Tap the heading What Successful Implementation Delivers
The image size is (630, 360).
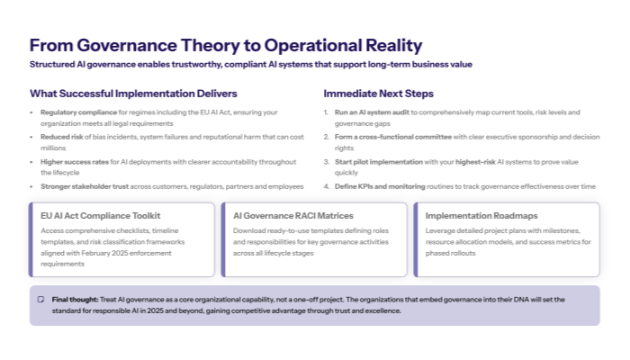pos(133,94)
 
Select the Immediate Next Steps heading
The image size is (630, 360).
pos(379,94)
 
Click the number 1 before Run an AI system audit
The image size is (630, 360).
pos(326,112)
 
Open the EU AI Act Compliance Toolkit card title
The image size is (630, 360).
pos(101,216)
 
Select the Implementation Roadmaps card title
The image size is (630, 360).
pos(481,216)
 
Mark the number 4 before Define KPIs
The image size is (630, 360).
pos(326,185)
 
